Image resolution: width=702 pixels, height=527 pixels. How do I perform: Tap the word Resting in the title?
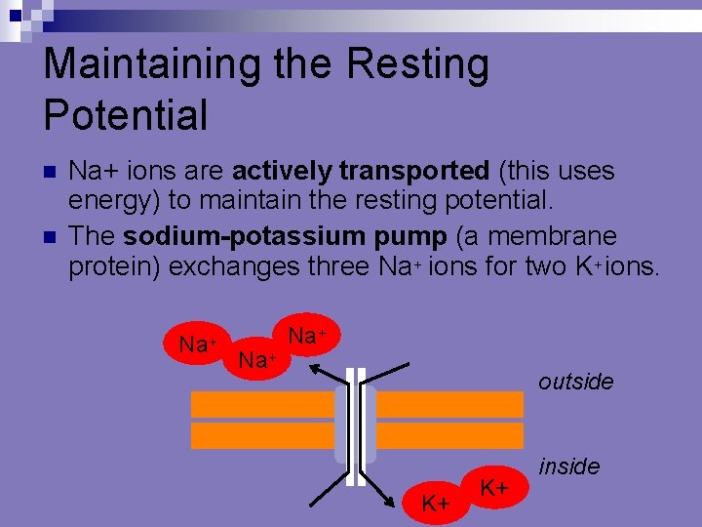click(x=430, y=65)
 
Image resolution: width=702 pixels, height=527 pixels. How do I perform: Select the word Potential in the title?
click(x=126, y=115)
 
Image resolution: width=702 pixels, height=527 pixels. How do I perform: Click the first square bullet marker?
click(x=51, y=172)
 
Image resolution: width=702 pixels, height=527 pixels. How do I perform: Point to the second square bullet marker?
click(x=51, y=237)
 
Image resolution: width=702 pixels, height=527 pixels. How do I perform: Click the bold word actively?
click(x=282, y=171)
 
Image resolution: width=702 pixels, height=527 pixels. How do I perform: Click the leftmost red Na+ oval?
click(x=197, y=345)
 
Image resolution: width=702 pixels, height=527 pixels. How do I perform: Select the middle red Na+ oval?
click(x=257, y=359)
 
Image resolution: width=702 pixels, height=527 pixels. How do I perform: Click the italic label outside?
click(x=575, y=382)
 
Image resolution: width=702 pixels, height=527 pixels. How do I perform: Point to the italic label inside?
click(x=568, y=466)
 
